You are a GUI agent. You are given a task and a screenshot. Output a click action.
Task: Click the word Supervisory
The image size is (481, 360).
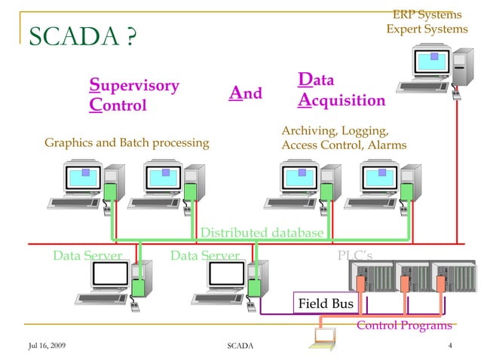134,85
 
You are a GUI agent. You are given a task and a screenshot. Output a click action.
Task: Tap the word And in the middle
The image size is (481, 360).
246,94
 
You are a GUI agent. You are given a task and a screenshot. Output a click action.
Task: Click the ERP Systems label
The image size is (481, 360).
427,15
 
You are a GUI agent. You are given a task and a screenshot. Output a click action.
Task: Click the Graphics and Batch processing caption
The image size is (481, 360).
127,143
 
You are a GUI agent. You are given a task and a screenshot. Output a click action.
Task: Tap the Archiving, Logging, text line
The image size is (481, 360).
335,131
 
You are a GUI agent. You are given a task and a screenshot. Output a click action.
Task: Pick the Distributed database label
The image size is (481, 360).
262,233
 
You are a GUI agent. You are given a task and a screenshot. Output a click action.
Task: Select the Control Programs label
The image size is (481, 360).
404,325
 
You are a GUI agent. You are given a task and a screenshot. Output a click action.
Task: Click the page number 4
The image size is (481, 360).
449,345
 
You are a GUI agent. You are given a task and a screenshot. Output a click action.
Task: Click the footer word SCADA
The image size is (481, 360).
240,345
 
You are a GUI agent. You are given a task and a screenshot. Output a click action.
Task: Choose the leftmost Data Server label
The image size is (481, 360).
87,256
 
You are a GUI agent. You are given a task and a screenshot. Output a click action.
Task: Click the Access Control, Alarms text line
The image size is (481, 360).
343,145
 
